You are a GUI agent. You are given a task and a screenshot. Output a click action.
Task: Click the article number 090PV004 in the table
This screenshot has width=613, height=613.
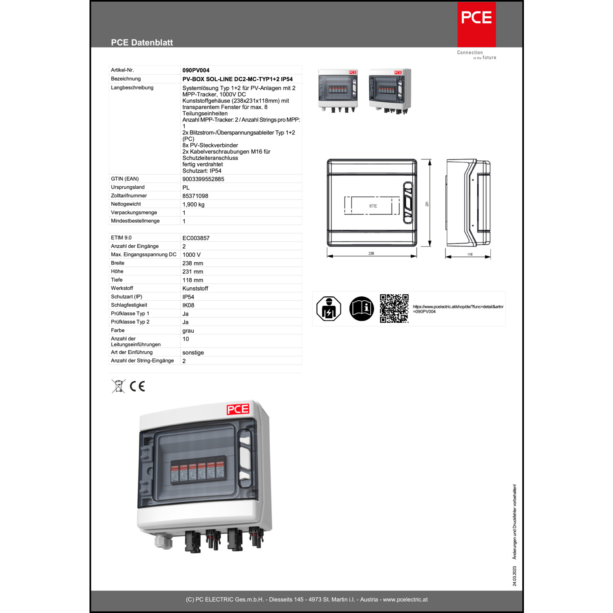point(196,70)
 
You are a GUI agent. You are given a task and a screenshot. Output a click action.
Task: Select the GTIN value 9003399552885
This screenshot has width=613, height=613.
point(203,179)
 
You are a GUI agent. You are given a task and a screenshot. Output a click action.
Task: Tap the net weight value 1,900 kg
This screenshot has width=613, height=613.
point(193,204)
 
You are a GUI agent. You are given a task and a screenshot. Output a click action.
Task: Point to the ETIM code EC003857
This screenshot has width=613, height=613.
point(196,238)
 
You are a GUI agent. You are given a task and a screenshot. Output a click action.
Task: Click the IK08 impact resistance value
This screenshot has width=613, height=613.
point(188,305)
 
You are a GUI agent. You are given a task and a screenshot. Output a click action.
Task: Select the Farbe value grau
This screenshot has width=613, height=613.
point(188,331)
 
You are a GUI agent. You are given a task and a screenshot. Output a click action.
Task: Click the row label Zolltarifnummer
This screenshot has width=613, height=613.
point(129,196)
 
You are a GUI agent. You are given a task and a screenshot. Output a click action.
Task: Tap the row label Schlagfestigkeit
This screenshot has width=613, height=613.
point(129,305)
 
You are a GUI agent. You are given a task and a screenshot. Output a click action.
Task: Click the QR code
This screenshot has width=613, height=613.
point(394,309)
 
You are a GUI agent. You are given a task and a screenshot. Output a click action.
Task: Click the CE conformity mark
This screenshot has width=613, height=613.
point(137,386)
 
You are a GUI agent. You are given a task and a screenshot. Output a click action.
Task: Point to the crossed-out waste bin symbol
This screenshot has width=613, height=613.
point(119,386)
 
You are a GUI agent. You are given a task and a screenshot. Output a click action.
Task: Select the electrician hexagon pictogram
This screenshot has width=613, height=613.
point(329,309)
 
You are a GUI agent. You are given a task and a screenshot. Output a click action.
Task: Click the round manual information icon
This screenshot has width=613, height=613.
point(361,309)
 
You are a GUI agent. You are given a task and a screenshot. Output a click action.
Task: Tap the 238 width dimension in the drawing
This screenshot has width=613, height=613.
point(371,253)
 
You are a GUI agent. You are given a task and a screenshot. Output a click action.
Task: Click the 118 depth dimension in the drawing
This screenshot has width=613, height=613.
point(470,254)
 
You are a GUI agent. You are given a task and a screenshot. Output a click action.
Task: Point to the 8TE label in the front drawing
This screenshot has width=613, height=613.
point(373,206)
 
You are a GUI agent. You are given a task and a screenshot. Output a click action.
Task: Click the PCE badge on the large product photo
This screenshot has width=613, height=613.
point(238,409)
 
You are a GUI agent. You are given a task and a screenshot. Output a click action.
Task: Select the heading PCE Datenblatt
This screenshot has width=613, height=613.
point(142,43)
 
